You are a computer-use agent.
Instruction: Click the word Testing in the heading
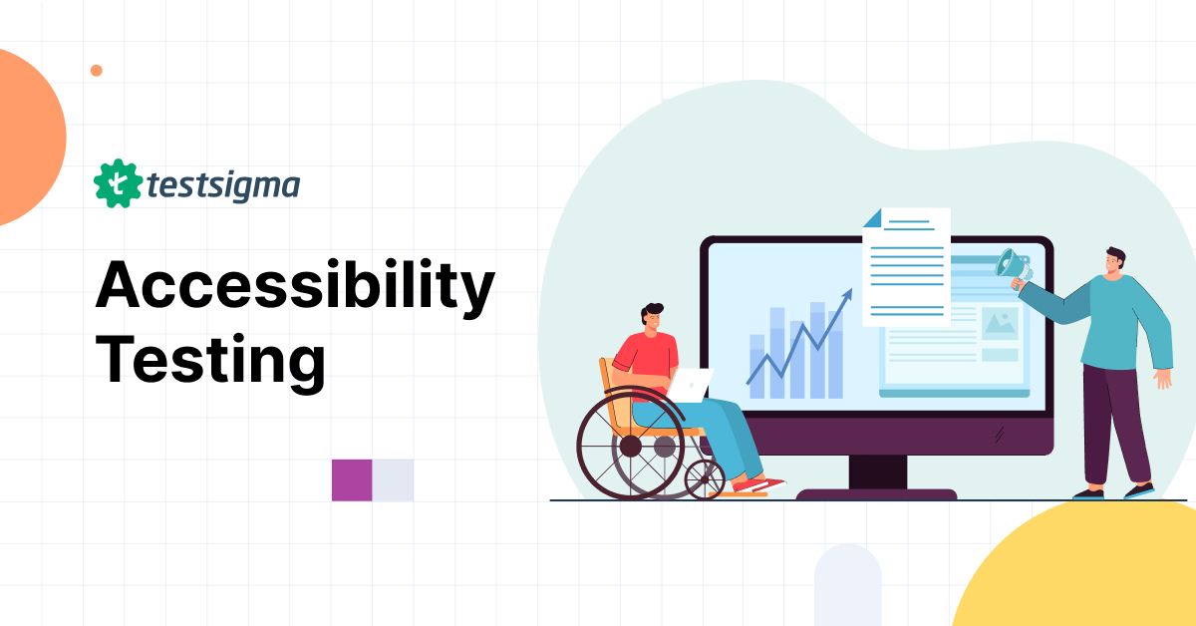[210, 361]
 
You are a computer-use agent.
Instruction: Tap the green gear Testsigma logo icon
[116, 183]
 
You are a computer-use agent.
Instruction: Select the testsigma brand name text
[222, 185]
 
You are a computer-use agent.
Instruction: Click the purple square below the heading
[352, 479]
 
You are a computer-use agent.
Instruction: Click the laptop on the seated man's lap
[690, 384]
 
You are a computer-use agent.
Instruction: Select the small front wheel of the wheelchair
[705, 480]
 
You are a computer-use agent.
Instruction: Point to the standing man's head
[1115, 263]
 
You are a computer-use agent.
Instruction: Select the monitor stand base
[876, 493]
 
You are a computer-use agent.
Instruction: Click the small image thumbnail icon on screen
[1000, 323]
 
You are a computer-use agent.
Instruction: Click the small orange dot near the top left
[97, 70]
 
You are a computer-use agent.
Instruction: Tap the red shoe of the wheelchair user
[759, 485]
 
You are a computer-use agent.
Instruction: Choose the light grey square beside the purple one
[394, 479]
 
